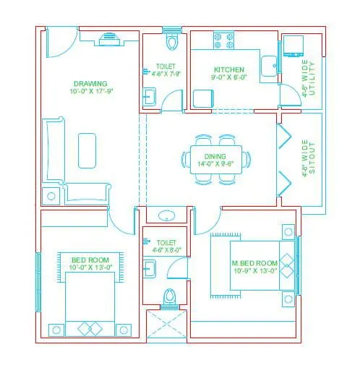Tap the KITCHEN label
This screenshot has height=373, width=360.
pos(223,69)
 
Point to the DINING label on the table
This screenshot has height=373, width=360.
pos(215,155)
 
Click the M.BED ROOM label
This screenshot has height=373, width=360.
pos(254,262)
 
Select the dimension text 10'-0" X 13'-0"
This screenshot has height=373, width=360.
pos(90,267)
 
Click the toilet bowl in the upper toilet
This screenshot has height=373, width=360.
pos(171,42)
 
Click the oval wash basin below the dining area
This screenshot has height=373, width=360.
pos(167,215)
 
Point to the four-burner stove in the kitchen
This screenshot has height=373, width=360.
pos(223,39)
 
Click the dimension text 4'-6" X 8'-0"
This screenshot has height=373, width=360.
pos(166,250)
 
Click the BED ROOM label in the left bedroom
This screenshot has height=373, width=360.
pos(90,260)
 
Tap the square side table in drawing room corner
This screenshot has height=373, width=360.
pos(51,195)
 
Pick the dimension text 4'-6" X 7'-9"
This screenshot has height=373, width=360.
pos(166,74)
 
